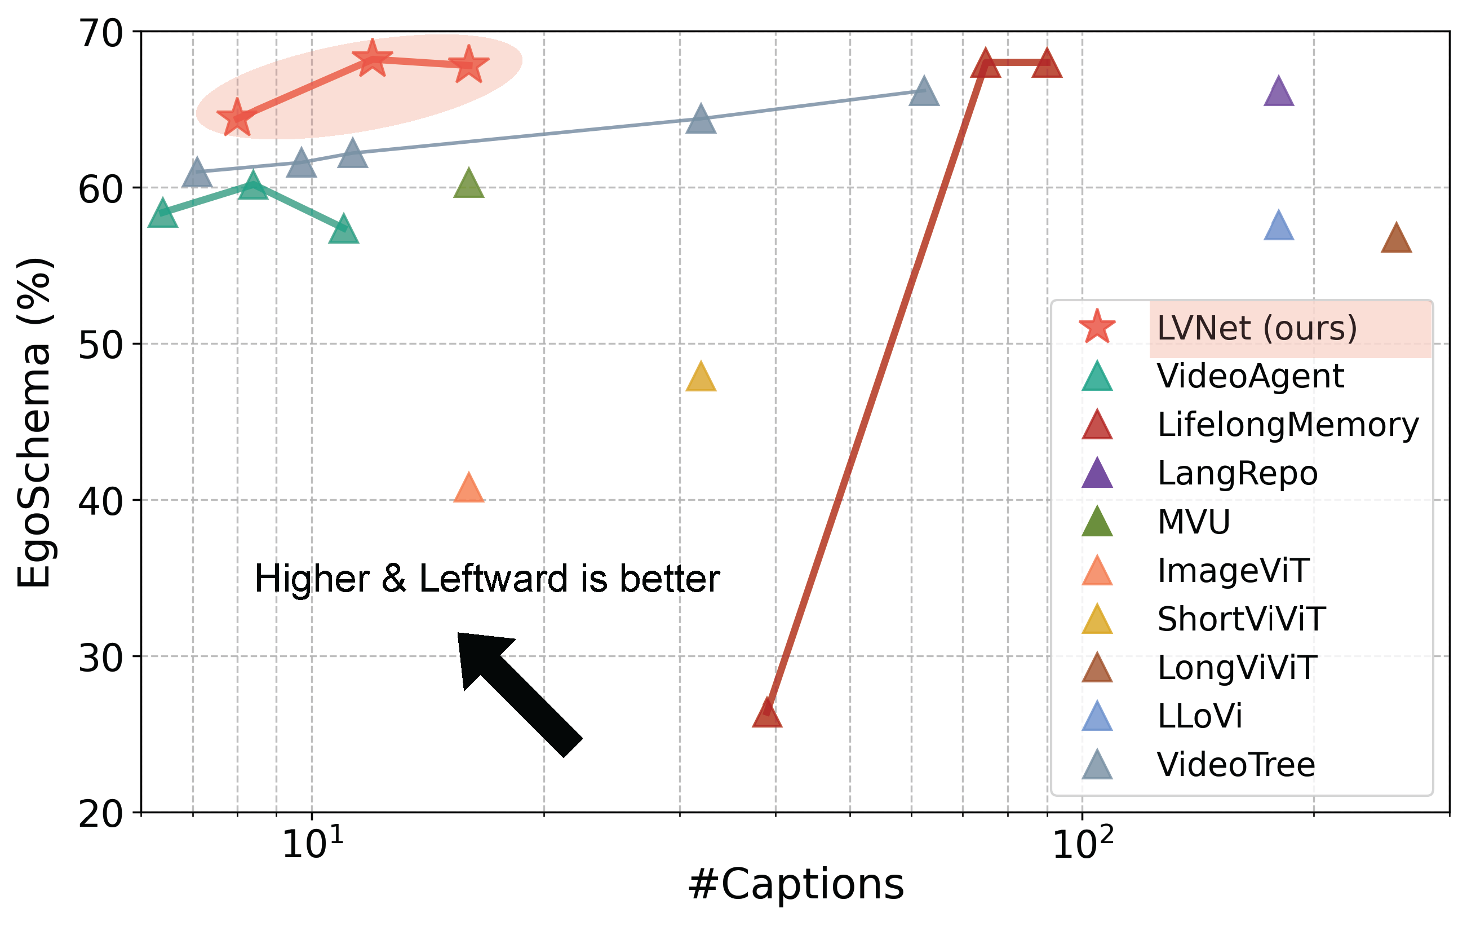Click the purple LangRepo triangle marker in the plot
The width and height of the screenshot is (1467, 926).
coord(1279,94)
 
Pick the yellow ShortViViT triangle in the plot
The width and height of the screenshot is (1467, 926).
coord(701,378)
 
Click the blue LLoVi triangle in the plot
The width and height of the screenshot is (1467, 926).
coord(1279,227)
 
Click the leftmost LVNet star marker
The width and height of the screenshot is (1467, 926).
coord(236,118)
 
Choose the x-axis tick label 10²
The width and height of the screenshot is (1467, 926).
coord(1083,845)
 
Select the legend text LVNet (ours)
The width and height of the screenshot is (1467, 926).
coord(1257,329)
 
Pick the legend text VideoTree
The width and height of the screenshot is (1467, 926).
coord(1236,765)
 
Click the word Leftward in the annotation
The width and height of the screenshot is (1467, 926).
coord(494,579)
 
